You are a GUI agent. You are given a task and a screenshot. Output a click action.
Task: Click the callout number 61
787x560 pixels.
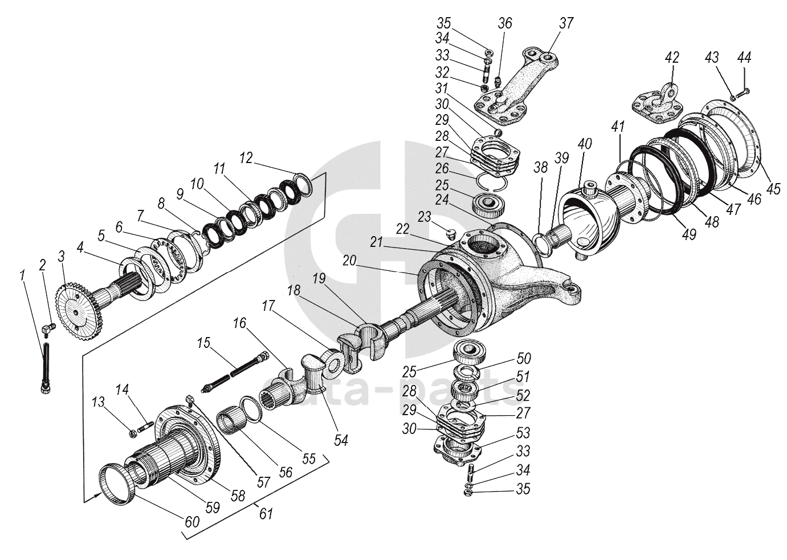tap(266, 513)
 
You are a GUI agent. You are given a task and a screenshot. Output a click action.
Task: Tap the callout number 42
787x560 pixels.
tap(672, 58)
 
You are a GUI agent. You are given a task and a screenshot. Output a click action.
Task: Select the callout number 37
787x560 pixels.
tap(565, 23)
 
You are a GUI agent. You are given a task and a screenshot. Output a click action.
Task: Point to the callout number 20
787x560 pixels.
tap(349, 260)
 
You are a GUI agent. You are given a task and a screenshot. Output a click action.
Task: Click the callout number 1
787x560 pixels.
tap(22, 276)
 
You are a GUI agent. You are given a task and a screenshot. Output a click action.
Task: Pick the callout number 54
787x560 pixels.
tap(341, 440)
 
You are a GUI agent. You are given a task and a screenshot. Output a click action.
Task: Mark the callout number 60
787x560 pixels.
tap(191, 521)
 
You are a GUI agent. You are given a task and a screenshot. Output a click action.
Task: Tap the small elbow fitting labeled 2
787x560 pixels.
tap(48, 328)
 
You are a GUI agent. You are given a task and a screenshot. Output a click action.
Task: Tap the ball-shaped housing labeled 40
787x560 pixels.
tap(593, 220)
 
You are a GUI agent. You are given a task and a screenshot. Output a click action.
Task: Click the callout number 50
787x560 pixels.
tap(523, 358)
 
